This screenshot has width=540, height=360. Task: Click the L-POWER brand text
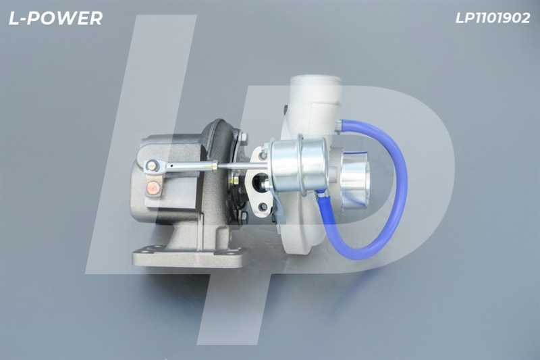[55, 18]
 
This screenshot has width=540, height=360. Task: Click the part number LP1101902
[493, 18]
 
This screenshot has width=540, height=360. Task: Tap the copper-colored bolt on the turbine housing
[153, 188]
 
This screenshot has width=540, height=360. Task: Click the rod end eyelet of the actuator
[151, 166]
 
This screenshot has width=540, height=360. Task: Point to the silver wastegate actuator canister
[298, 166]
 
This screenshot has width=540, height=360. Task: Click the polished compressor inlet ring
[355, 181]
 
